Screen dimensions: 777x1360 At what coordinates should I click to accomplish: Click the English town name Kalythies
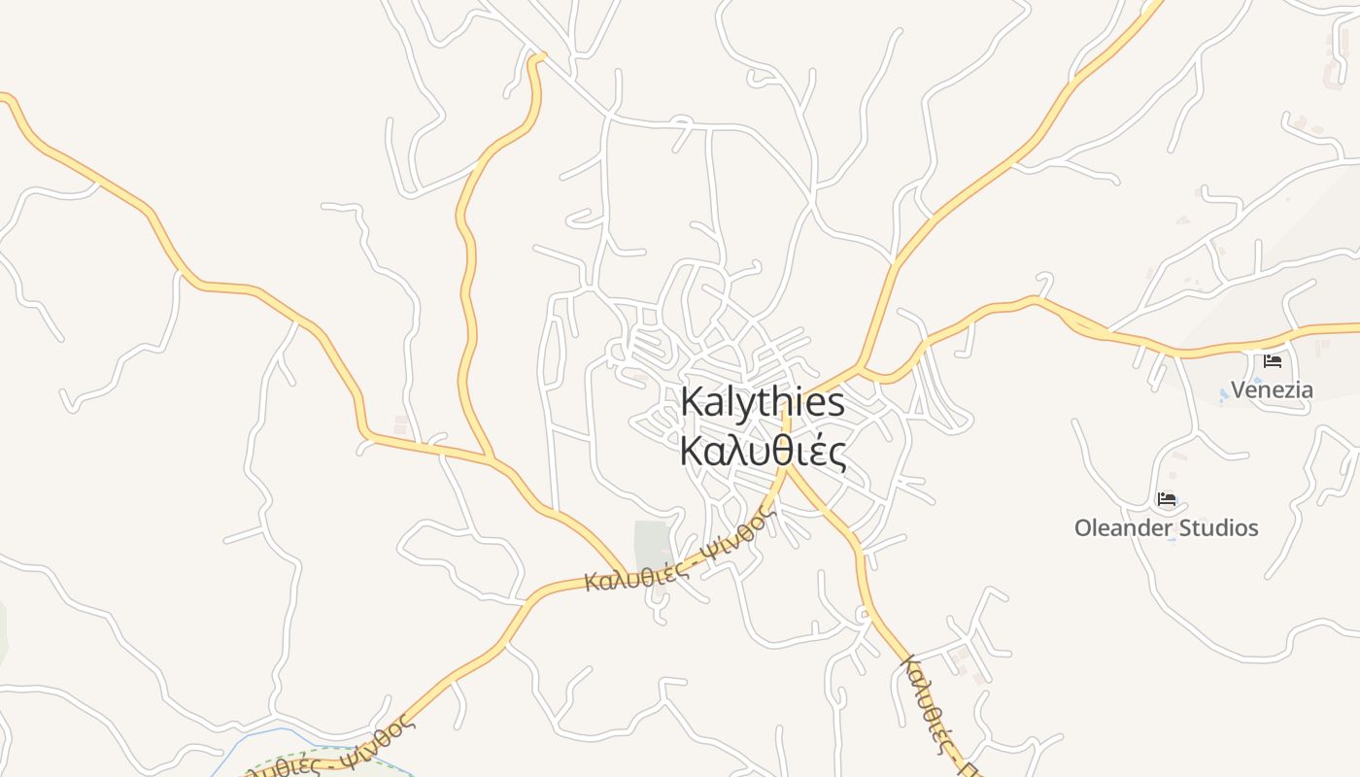763,402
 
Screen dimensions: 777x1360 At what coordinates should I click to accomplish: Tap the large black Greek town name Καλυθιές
763,452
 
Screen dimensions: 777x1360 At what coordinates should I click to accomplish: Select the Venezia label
1272,390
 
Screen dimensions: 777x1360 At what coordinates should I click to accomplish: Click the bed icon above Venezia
1273,361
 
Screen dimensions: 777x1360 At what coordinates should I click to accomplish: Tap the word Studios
1214,528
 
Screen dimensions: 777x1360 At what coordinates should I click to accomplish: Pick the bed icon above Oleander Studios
1167,500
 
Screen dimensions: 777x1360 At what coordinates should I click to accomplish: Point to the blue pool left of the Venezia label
1224,394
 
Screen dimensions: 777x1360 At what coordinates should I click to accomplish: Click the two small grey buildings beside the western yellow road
401,425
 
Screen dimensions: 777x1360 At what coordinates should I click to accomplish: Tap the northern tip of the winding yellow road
537,57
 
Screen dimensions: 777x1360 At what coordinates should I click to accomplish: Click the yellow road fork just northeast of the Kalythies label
860,368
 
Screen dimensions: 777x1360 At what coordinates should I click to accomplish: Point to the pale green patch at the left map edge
3,631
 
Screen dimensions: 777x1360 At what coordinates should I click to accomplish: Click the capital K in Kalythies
692,402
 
